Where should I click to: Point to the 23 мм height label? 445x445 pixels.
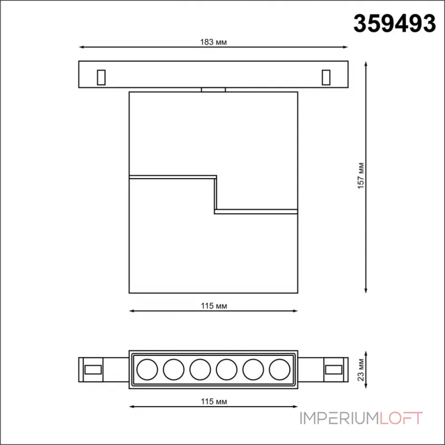click(x=360, y=368)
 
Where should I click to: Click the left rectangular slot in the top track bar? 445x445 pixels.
click(x=101, y=77)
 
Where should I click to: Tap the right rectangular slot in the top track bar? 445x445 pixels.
click(x=326, y=77)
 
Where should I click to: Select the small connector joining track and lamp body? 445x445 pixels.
click(x=214, y=88)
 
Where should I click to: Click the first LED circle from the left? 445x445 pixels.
click(x=147, y=368)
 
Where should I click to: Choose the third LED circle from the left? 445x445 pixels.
click(x=200, y=368)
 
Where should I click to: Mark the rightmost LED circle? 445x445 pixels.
click(x=280, y=368)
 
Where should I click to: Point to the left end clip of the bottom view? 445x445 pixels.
click(x=92, y=368)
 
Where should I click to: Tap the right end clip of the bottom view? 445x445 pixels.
click(x=334, y=368)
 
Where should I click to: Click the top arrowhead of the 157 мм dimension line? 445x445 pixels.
click(x=367, y=65)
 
